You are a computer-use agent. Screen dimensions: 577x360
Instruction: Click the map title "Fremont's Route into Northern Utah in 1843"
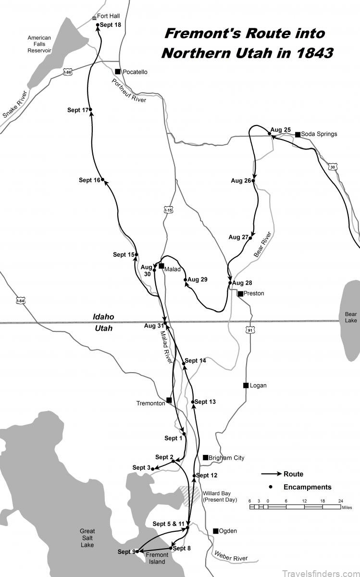click(247, 43)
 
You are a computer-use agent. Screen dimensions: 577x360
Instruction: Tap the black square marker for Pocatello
click(117, 72)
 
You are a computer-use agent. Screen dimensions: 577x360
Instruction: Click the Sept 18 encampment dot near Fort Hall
click(98, 25)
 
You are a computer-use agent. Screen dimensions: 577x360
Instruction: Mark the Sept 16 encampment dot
click(103, 180)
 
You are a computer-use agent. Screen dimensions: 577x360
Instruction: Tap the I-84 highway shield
click(20, 301)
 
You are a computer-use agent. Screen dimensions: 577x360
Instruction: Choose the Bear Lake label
click(351, 317)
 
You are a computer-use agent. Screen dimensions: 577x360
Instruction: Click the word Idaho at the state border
click(103, 317)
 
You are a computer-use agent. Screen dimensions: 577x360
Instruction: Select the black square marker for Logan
click(246, 385)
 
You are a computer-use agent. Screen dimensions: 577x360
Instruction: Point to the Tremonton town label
click(150, 403)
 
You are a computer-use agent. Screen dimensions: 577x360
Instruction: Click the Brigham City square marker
click(205, 457)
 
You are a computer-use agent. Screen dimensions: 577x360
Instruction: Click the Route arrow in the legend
click(271, 474)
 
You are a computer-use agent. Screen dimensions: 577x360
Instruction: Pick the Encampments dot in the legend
click(271, 487)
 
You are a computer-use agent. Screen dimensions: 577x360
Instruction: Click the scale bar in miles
click(296, 507)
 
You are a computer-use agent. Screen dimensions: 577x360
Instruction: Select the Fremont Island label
click(157, 558)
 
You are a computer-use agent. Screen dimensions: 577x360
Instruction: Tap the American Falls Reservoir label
click(39, 44)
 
